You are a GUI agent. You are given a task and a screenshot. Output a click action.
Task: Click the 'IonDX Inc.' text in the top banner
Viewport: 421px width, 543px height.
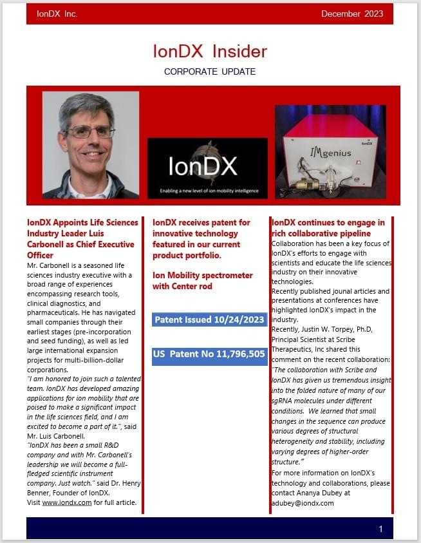[57, 14]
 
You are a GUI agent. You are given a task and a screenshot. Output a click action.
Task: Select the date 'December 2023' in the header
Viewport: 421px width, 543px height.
[351, 14]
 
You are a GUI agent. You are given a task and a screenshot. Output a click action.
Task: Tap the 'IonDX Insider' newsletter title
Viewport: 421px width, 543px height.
[210, 51]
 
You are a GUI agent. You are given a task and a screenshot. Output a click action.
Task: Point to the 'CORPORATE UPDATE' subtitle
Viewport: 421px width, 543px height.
[210, 71]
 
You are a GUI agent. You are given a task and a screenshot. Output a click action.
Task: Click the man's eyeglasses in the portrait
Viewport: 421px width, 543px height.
[91, 132]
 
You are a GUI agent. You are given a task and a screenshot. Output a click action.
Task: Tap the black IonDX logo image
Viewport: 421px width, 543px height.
[207, 167]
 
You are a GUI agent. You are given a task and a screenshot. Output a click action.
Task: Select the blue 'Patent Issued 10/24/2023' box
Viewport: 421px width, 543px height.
[210, 319]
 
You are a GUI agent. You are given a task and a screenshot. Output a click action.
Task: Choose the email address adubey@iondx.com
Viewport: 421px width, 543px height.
[303, 503]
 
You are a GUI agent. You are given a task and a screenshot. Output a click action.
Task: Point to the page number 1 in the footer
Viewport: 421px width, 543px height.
[380, 529]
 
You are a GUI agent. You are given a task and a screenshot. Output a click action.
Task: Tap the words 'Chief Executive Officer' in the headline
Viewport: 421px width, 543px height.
[80, 250]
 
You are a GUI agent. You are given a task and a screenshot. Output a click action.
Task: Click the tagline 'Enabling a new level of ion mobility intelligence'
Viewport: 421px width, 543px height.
[207, 191]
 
